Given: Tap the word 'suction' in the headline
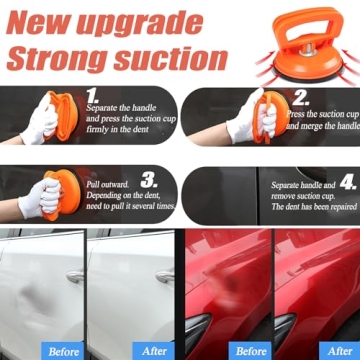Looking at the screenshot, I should point(176,58).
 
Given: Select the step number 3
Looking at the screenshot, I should point(149,179).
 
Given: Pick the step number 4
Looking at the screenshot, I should point(347,180).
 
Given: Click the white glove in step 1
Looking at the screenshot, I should point(40,123).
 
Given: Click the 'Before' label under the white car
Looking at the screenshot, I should point(63,350).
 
